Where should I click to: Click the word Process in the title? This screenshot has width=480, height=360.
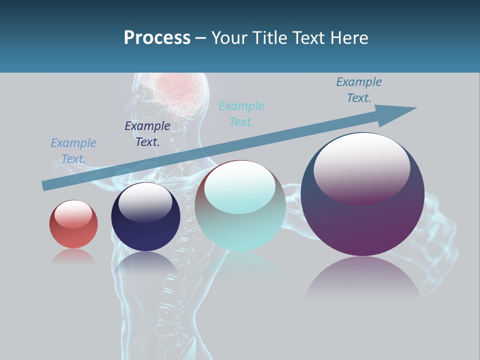click(x=157, y=38)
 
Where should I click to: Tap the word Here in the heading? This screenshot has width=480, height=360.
click(x=349, y=38)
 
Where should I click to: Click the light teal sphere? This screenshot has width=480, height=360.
click(x=240, y=220)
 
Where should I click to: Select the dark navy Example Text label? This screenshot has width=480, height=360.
click(x=147, y=134)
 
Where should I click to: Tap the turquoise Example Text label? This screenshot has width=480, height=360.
click(x=241, y=114)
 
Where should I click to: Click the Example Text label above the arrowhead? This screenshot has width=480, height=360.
click(x=359, y=90)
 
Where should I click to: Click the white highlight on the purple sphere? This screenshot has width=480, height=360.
click(x=361, y=165)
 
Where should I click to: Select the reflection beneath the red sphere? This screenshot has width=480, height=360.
click(x=73, y=256)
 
